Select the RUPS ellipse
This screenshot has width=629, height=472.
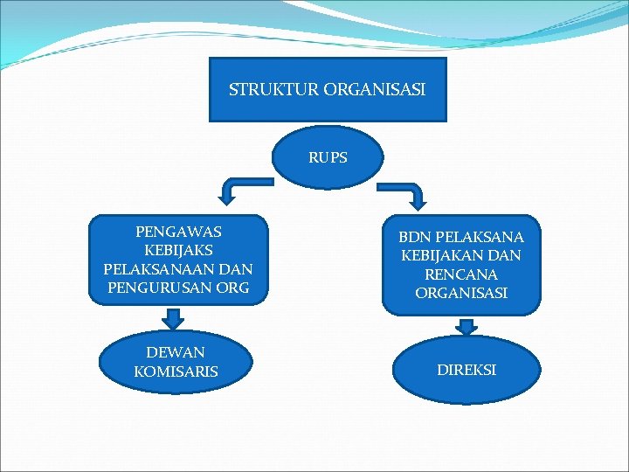[x=328, y=158]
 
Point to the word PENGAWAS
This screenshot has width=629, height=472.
[x=178, y=233]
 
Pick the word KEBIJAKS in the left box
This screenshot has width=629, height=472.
[x=178, y=251]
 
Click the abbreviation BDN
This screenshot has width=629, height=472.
[x=414, y=238]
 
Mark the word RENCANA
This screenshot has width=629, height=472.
[x=461, y=274]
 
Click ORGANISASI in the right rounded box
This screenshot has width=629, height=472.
[x=461, y=294]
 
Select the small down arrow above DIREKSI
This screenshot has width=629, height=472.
[x=467, y=325]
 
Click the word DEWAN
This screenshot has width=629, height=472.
[x=176, y=352]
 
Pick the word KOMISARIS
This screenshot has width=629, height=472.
[x=176, y=371]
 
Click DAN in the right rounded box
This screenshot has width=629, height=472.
[x=506, y=256]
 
